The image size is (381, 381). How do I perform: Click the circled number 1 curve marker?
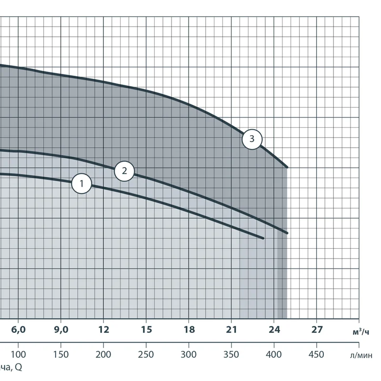(x=81, y=183)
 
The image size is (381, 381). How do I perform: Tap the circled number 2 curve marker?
(x=124, y=171)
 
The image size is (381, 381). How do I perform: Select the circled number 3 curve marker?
(x=252, y=140)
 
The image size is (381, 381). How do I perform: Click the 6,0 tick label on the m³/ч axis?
(x=18, y=329)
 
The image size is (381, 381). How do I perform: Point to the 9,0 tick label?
(x=61, y=329)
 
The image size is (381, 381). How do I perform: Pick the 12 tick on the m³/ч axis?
(x=103, y=329)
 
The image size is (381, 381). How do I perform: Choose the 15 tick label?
(x=146, y=329)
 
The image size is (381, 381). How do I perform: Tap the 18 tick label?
(x=189, y=329)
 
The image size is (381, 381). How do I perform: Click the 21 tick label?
(x=231, y=329)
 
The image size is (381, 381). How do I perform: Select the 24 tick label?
(x=274, y=329)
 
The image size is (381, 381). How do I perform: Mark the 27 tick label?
(x=317, y=329)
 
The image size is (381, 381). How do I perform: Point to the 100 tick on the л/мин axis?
(x=18, y=354)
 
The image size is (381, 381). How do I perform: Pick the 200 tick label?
(x=103, y=354)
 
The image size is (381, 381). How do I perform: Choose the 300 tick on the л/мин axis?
(x=189, y=354)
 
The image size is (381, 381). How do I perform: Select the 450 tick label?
(x=317, y=354)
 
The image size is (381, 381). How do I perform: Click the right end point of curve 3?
(x=287, y=167)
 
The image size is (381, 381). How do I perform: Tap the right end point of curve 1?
(x=263, y=238)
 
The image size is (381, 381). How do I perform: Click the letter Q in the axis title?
(x=18, y=367)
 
